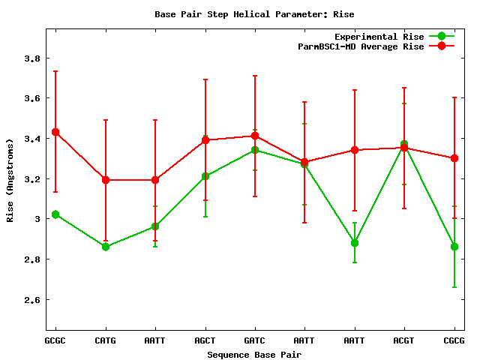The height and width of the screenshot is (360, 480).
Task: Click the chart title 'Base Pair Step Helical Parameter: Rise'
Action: pos(254,14)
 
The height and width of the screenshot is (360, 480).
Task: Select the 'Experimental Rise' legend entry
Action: pos(379,36)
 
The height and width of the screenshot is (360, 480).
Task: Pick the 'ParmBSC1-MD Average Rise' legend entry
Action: pos(361,46)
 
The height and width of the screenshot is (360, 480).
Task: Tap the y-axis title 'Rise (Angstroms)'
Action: pos(10,180)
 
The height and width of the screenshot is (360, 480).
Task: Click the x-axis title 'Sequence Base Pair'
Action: pos(254,354)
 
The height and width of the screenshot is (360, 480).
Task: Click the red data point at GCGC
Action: pos(55,132)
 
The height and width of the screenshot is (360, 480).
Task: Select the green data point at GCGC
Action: pos(55,214)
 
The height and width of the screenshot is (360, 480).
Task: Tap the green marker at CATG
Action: pos(106,247)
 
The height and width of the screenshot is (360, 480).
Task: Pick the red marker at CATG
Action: pos(106,180)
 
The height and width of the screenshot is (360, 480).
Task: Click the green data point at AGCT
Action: pos(205,176)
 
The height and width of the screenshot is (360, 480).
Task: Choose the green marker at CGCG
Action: pos(454,247)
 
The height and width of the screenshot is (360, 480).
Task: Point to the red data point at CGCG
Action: pos(454,158)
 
